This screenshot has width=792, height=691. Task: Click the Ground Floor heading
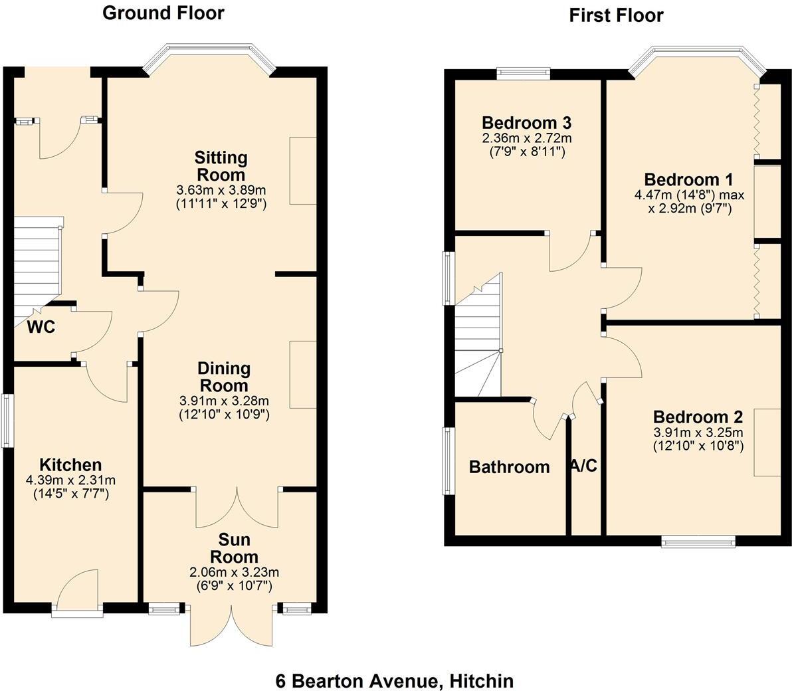(x=163, y=13)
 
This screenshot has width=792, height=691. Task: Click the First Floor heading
(x=616, y=15)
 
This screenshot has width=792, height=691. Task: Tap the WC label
(x=41, y=327)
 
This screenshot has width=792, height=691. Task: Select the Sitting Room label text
(x=221, y=166)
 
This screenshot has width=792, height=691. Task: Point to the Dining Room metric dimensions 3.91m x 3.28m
(x=224, y=401)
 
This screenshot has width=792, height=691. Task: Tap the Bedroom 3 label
(x=526, y=123)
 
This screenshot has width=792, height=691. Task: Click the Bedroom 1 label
(x=688, y=179)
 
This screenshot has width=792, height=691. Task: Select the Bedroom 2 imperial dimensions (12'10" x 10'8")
(x=698, y=446)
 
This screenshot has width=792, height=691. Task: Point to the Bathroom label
(x=509, y=467)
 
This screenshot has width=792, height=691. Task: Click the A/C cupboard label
(x=584, y=466)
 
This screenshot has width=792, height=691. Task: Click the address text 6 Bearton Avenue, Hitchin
(x=395, y=681)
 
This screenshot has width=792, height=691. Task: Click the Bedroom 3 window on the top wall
(x=524, y=74)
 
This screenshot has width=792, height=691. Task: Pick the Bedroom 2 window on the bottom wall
(x=698, y=542)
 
